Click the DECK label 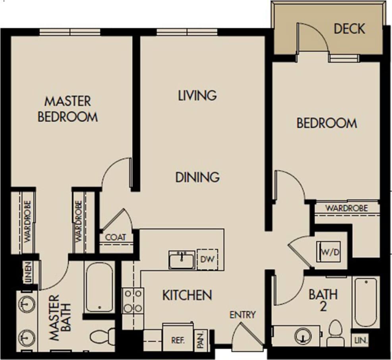point(349,29)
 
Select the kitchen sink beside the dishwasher point(182,260)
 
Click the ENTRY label point(243,315)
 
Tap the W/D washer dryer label point(330,253)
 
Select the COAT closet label point(116,237)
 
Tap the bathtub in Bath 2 point(365,302)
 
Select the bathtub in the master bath point(99,286)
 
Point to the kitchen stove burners point(133,301)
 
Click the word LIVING point(197,95)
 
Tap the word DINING point(197,177)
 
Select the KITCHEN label point(187,295)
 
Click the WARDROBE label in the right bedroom point(346,208)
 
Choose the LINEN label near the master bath point(28,274)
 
